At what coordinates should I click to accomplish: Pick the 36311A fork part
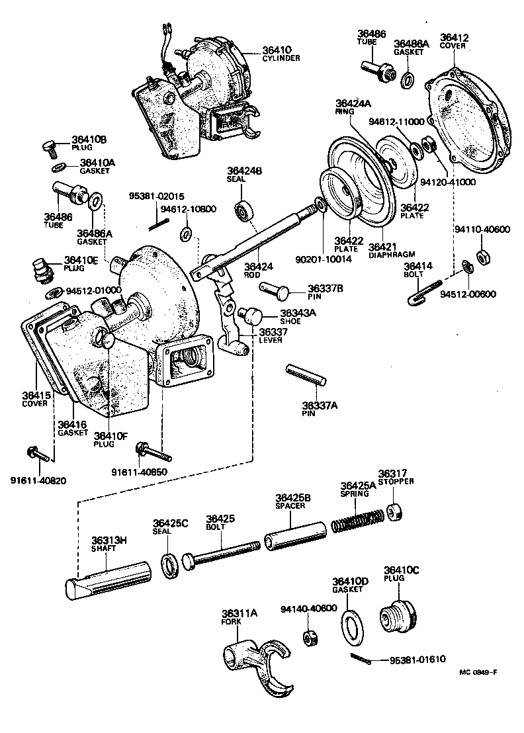(255, 662)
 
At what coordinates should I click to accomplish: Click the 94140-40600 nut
(308, 638)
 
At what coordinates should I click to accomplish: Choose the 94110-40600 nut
(483, 255)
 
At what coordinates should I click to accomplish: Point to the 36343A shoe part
(251, 314)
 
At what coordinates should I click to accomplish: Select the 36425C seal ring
(171, 564)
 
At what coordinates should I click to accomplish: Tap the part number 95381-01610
(417, 660)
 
